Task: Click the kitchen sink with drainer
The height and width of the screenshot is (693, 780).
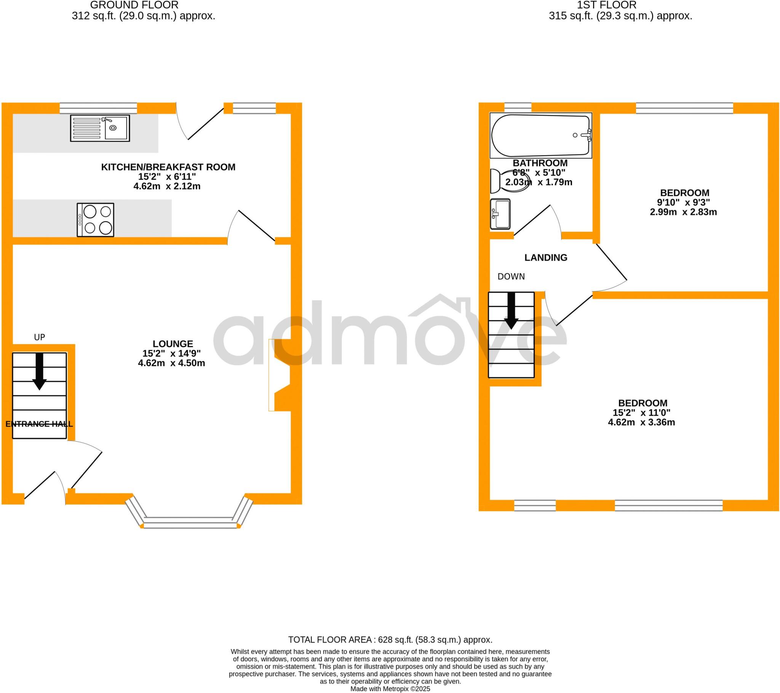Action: tap(100, 128)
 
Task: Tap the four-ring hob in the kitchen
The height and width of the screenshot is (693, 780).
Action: tap(95, 220)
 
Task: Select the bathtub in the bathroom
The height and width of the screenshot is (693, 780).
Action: tap(541, 136)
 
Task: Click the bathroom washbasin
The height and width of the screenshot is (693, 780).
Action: tap(500, 214)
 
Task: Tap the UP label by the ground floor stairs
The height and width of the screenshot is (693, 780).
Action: tap(40, 337)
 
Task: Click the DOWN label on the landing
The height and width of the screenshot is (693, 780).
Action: tap(511, 277)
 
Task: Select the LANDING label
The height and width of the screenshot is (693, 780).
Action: tap(546, 258)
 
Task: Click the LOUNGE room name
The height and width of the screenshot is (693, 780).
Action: tap(173, 344)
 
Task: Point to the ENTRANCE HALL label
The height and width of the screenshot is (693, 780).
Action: tap(39, 424)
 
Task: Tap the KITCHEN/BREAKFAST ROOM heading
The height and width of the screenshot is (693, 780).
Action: tap(168, 167)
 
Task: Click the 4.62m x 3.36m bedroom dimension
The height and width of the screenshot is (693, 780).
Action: tap(641, 422)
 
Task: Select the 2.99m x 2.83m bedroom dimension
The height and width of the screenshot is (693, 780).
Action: tap(683, 212)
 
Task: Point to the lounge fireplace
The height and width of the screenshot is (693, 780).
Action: tap(280, 375)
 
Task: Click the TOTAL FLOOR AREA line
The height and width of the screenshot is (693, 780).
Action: tap(390, 640)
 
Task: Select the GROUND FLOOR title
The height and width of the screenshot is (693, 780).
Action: tap(134, 5)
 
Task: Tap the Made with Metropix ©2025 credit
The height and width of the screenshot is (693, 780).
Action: tap(390, 689)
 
